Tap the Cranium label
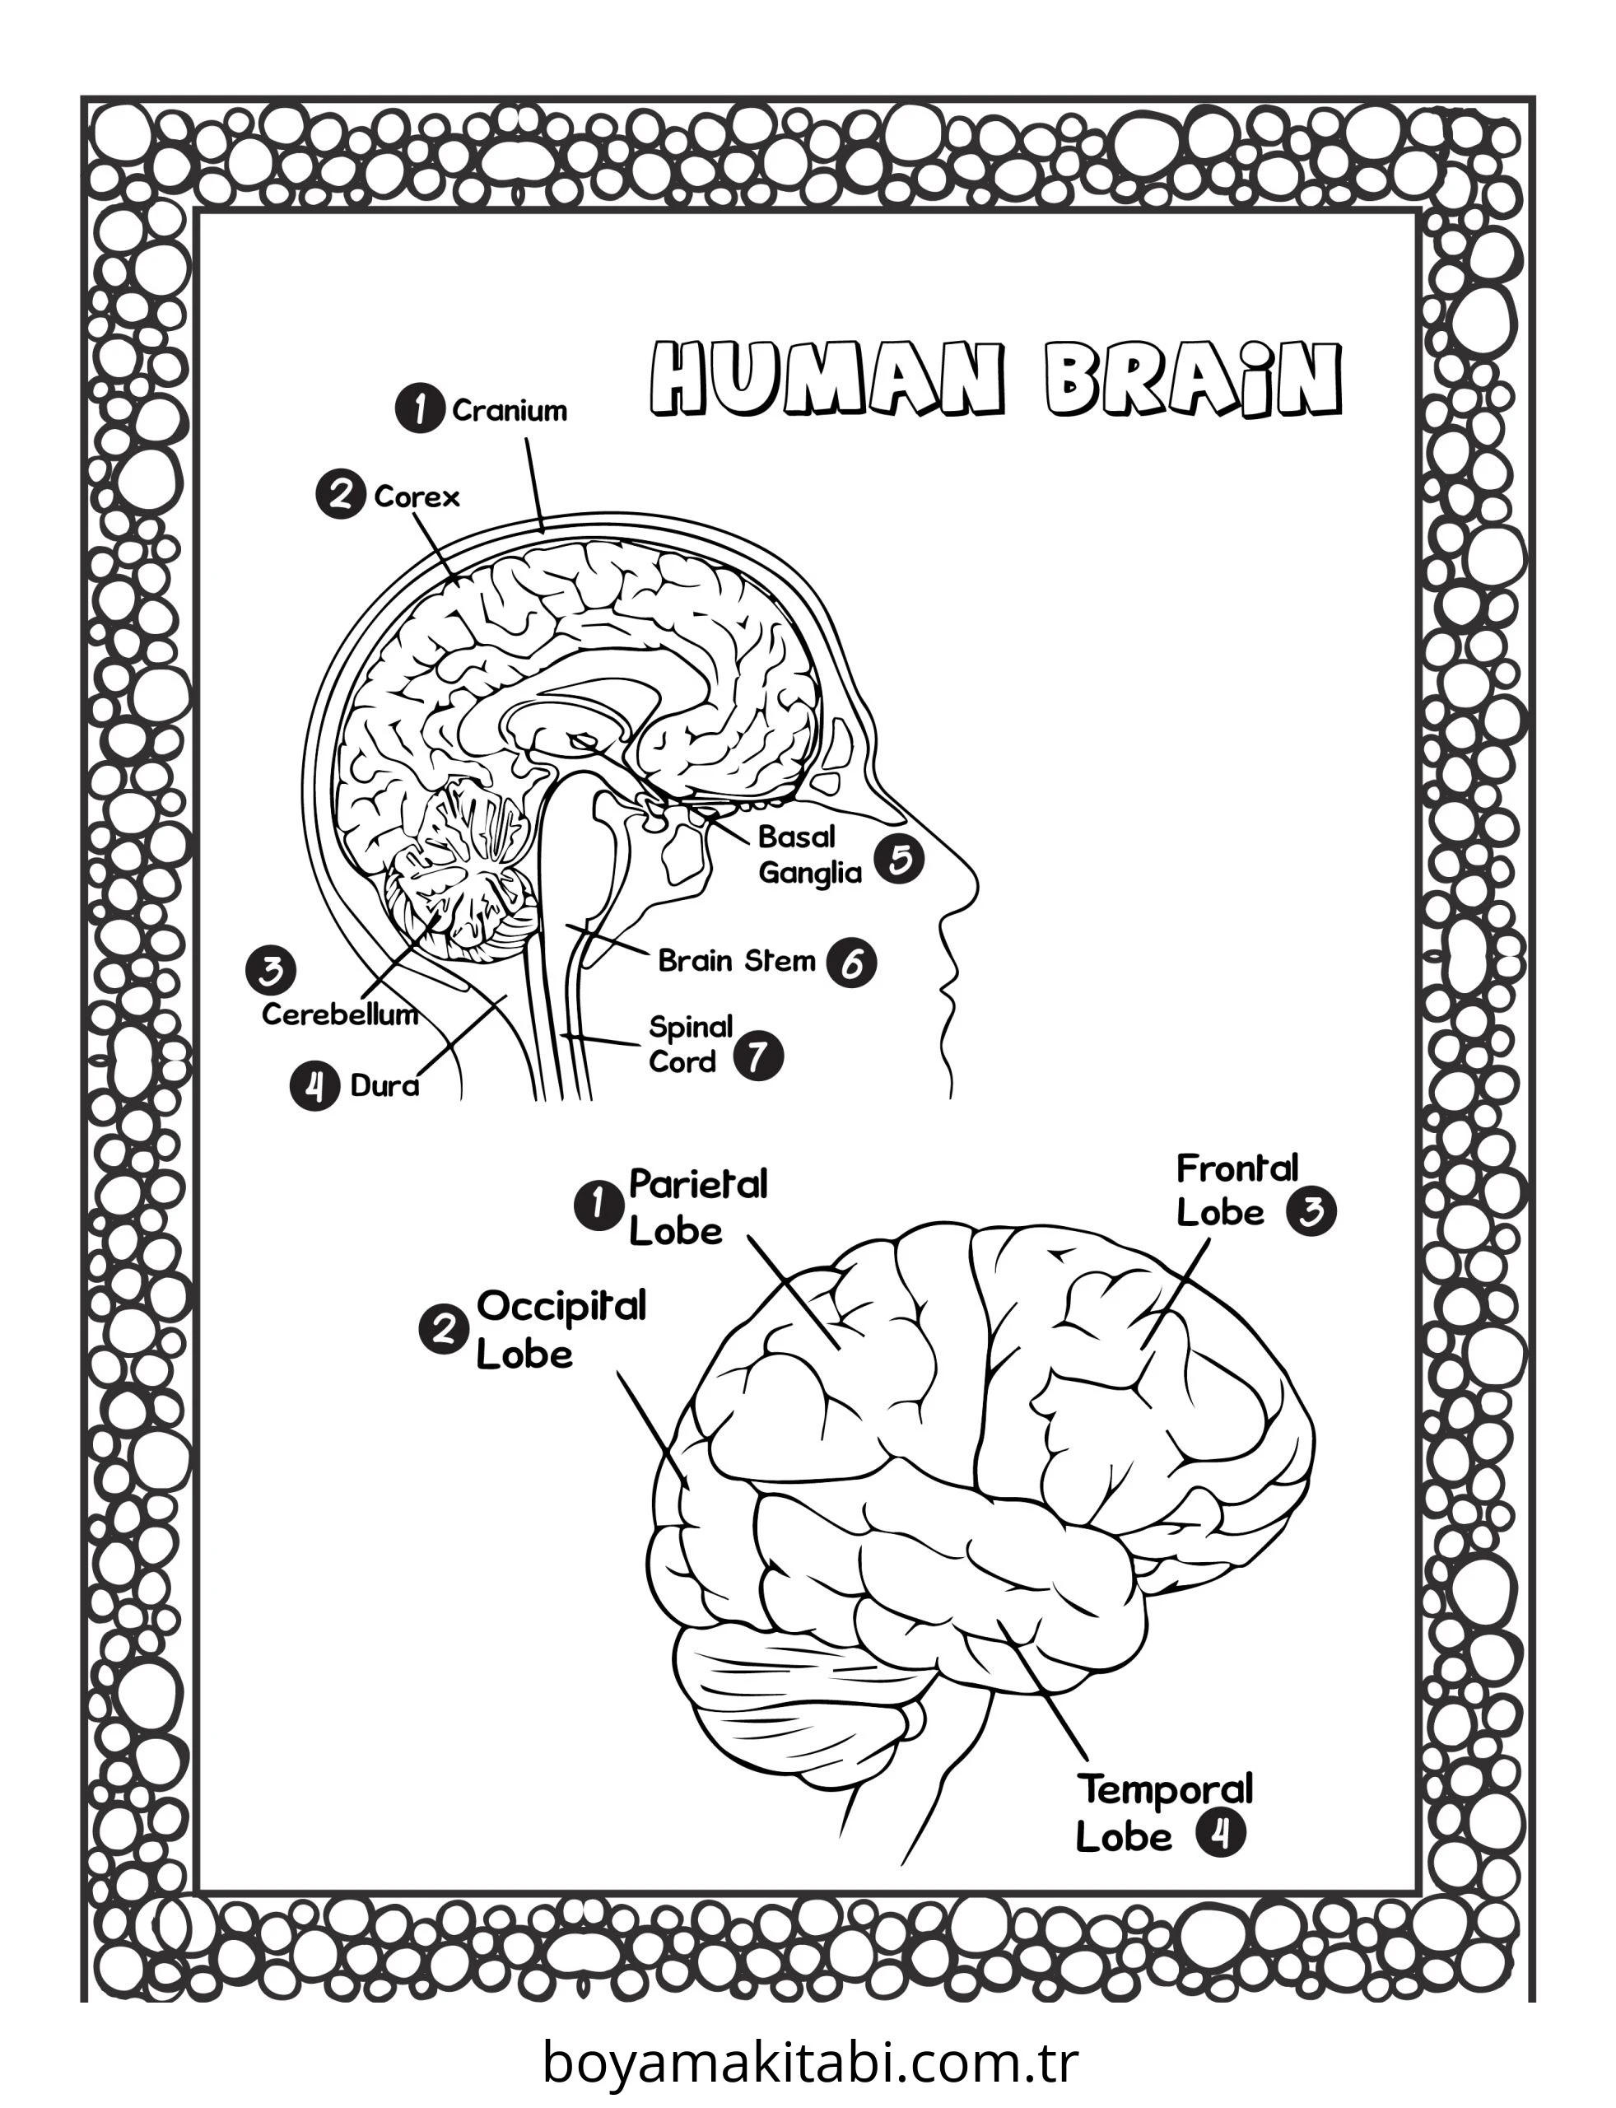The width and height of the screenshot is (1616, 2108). point(510,411)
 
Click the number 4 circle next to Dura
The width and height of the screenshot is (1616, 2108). point(314,1086)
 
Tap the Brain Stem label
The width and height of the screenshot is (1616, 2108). point(737,960)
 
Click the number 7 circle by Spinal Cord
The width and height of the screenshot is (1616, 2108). point(758,1056)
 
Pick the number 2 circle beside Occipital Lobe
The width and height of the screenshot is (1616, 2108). point(444,1331)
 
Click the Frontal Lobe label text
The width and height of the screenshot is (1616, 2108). point(1237,1190)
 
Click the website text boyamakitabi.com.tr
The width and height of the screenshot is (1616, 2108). point(810,2061)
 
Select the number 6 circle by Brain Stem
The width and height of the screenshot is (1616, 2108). point(851,962)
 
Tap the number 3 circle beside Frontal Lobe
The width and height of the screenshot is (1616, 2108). point(1312,1211)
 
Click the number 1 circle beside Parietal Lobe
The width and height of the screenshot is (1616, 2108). point(598,1206)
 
